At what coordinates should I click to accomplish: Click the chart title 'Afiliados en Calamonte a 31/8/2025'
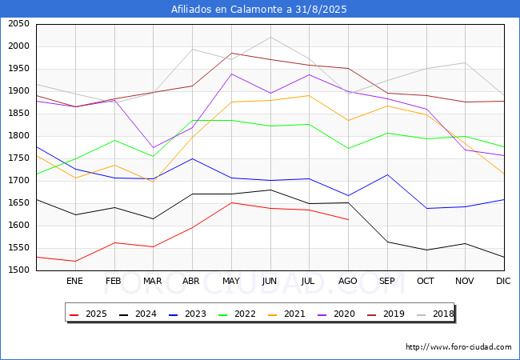[x=260, y=9]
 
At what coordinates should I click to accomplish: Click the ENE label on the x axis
[x=74, y=282]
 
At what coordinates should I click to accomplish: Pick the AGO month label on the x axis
[x=348, y=282]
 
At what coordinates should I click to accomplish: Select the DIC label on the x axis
[x=503, y=282]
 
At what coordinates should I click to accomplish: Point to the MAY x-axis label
[x=231, y=282]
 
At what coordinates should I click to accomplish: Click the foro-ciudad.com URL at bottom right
[x=458, y=347]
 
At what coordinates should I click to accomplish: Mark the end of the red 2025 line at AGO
[x=348, y=219]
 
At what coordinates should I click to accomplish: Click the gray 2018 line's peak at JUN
[x=270, y=37]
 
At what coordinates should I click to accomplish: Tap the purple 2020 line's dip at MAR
[x=153, y=148]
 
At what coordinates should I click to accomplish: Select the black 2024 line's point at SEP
[x=387, y=242]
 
